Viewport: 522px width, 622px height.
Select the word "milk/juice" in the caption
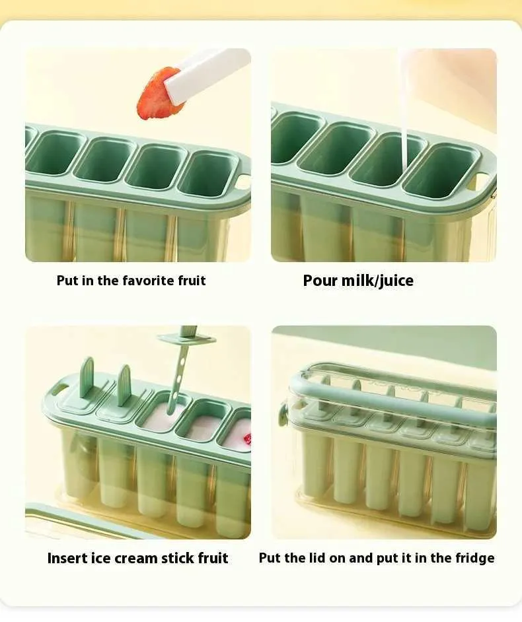(x=377, y=281)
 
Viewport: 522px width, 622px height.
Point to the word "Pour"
(x=320, y=281)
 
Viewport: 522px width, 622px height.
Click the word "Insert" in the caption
(x=67, y=558)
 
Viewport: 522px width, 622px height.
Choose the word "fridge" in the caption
(x=475, y=558)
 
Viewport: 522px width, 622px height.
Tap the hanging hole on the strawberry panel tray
(x=243, y=182)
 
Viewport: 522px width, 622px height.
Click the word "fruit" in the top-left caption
(x=192, y=281)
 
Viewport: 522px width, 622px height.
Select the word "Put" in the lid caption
(x=270, y=558)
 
